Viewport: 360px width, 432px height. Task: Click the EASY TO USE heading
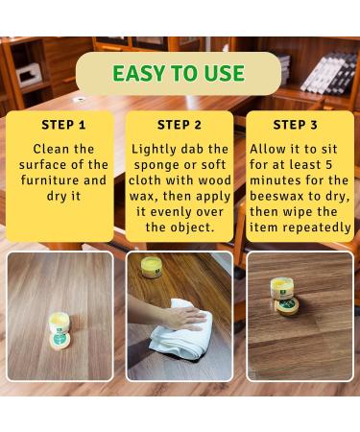179,73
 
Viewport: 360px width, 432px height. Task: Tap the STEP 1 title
63,125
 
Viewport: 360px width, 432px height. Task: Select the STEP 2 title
180,125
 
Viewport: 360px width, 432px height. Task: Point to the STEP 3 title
295,125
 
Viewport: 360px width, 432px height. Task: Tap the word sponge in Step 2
155,165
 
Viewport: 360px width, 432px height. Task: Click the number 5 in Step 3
328,165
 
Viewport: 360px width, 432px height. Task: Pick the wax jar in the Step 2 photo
152,267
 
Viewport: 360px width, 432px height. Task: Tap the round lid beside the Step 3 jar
288,306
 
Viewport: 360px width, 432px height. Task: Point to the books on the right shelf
329,74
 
